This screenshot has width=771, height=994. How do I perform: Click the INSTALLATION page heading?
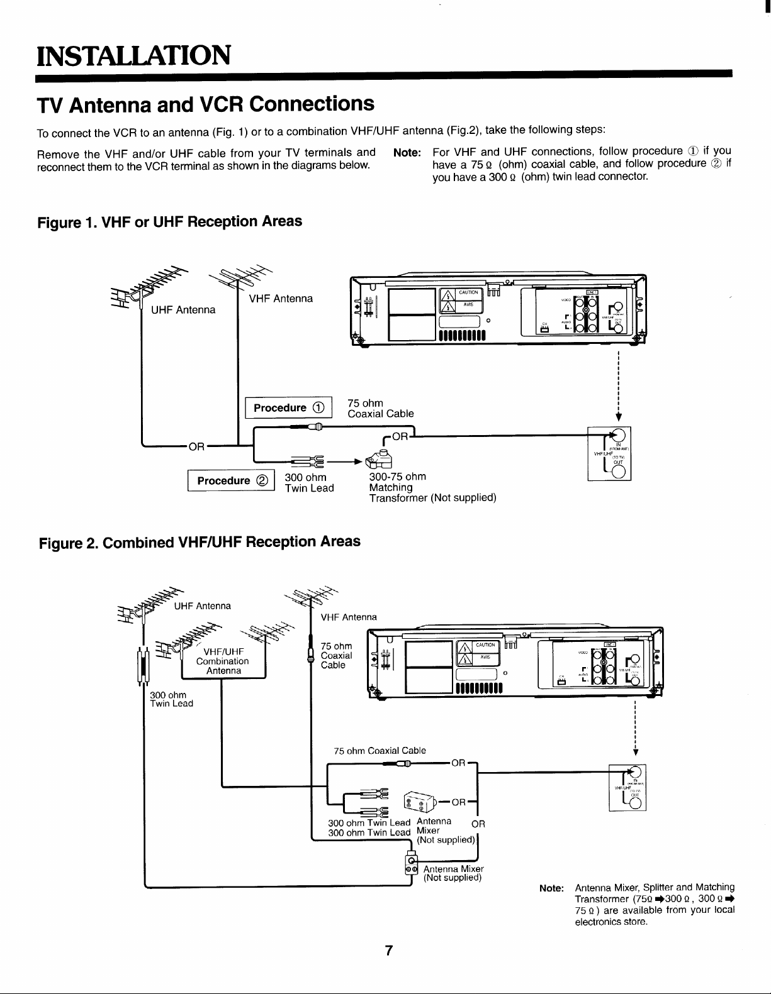(133, 55)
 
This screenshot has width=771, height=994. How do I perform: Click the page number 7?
(389, 950)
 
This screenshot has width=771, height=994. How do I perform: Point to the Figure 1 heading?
(170, 222)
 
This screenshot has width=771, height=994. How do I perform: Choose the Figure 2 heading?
(200, 542)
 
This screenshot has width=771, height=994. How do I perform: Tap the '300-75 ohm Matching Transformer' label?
(432, 487)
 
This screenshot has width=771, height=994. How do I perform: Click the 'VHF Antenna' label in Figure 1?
(281, 299)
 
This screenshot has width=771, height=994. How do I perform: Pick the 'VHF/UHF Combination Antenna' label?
(223, 661)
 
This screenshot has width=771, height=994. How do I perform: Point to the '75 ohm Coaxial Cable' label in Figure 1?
(381, 408)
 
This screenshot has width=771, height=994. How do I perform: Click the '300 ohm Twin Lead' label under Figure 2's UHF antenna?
(171, 699)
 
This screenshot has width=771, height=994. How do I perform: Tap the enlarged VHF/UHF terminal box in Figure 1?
(609, 454)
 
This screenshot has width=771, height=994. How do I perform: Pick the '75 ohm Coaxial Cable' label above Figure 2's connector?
(380, 751)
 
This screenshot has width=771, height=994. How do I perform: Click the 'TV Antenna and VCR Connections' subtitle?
(205, 104)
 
